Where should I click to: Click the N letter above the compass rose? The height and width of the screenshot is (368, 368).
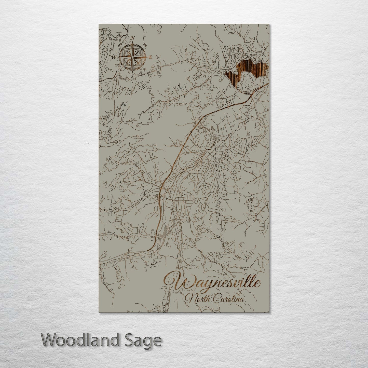pos(132,38)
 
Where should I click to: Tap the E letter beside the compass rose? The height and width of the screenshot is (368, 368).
pos(150,57)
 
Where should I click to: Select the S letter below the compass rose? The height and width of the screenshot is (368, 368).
pos(132,76)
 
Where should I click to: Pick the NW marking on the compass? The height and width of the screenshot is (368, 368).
pos(120,45)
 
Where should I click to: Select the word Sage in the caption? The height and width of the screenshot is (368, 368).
pos(145,340)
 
